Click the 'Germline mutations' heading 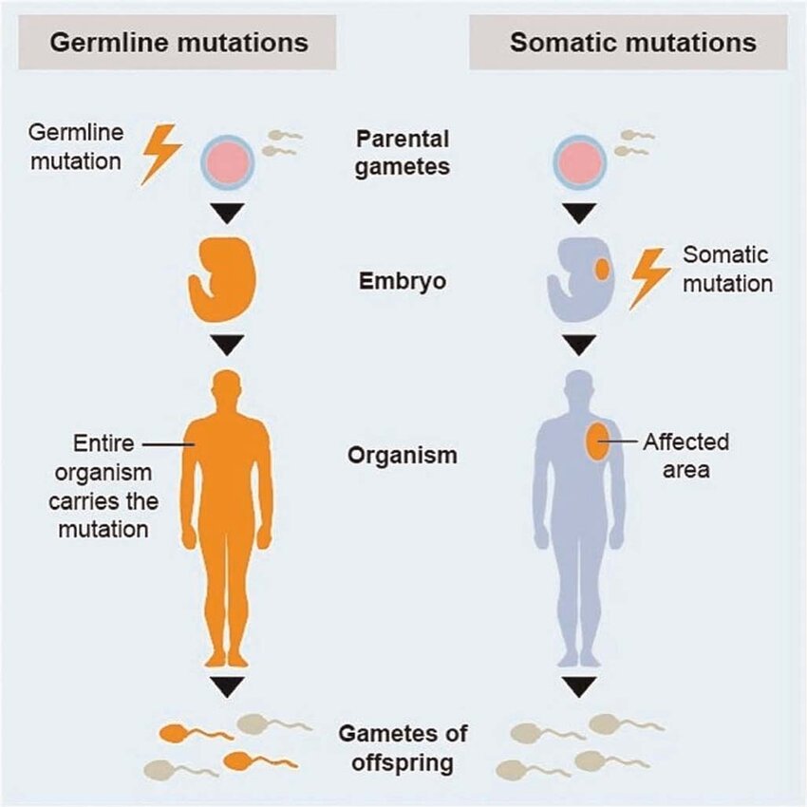point(179,42)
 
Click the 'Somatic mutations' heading point(633,42)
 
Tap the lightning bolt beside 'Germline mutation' point(160,154)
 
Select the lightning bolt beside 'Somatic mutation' point(649,278)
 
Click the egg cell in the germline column point(227,162)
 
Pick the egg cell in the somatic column point(579,162)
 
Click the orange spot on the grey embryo point(602,270)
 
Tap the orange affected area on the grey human point(598,441)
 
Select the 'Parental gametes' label point(403,153)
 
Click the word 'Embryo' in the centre point(403,281)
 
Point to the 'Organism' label point(403,456)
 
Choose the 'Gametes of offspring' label point(403,748)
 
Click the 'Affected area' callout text point(686,456)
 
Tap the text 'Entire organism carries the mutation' point(103,486)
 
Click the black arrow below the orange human point(227,686)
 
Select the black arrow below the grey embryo point(579,345)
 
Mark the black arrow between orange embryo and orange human point(227,345)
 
